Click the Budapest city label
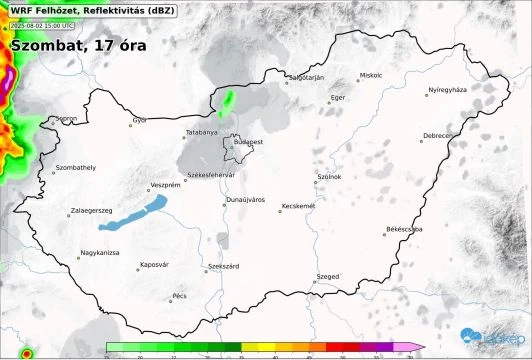point(249,142)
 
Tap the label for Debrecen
point(438,135)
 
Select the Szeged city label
point(328,275)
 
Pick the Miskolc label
point(371,75)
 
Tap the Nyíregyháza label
point(447,90)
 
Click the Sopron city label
point(67,119)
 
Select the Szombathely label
point(76,167)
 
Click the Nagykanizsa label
point(100,253)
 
